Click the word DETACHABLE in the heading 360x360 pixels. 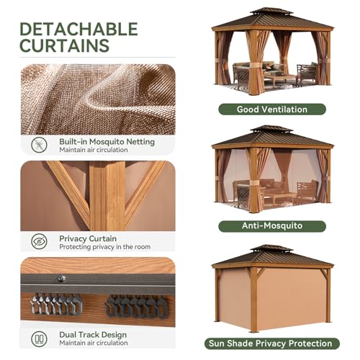(78, 30)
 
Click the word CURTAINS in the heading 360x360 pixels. (64, 47)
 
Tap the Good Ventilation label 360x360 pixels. (272, 109)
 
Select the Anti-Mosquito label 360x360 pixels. (272, 226)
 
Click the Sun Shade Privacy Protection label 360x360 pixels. (272, 343)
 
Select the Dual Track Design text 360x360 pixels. (94, 334)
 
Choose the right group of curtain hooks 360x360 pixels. (133, 305)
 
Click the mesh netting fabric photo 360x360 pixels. (97, 98)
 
